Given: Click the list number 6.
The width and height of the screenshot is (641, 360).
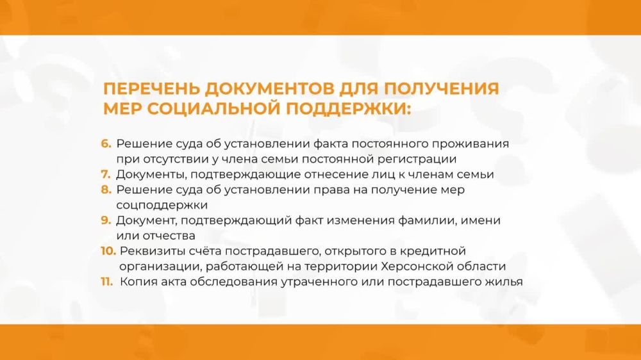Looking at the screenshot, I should [x=106, y=143].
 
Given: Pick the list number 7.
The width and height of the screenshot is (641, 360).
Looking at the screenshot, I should [x=106, y=174].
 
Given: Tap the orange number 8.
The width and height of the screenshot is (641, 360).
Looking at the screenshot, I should [x=106, y=190].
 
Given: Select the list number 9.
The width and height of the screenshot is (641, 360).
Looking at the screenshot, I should [x=106, y=220].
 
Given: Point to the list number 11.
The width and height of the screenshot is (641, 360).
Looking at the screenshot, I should [x=107, y=281].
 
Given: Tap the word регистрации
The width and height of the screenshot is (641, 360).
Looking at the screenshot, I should [x=424, y=159].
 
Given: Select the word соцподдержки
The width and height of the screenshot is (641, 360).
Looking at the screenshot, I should [x=162, y=205].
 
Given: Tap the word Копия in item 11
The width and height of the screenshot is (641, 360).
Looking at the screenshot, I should [x=137, y=281].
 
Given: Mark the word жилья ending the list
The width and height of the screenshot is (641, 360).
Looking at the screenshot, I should [x=505, y=281].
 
